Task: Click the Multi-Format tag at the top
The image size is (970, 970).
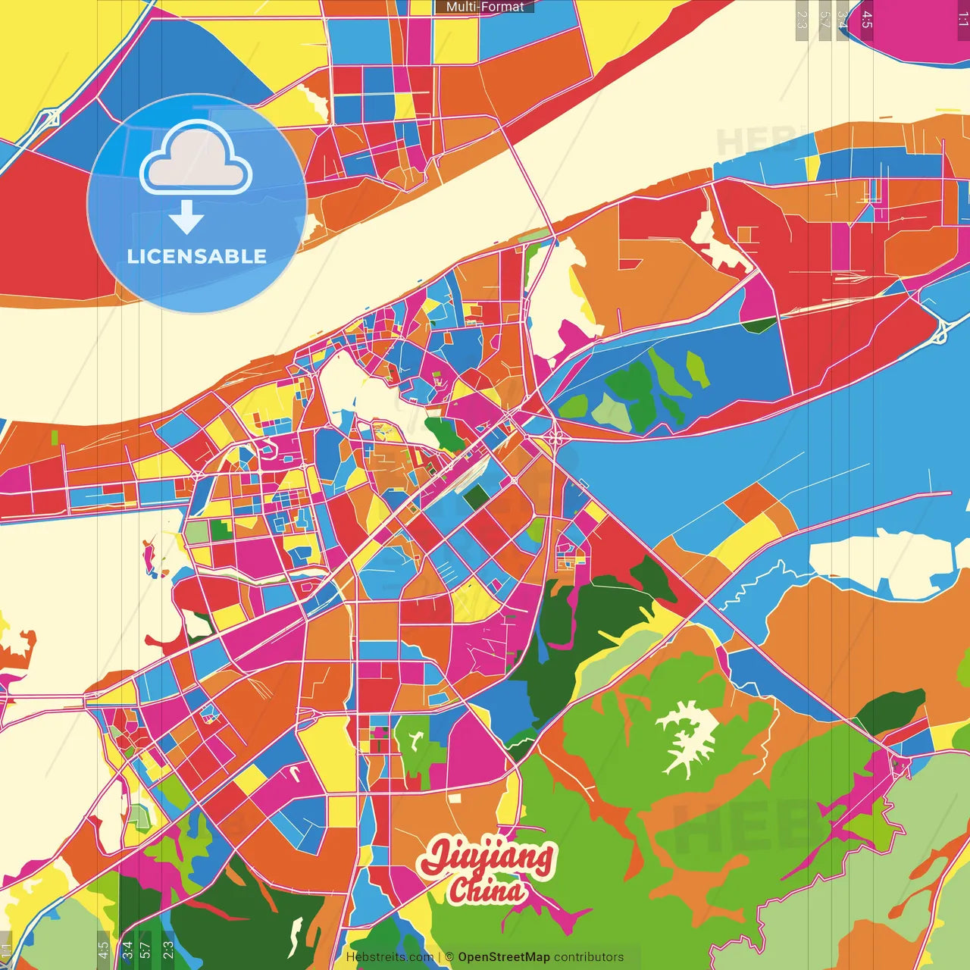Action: pos(485,7)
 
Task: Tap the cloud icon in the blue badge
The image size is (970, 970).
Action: pos(196,160)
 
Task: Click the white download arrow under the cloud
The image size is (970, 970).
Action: pos(186,218)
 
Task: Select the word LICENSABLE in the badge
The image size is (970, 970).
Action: pos(197,256)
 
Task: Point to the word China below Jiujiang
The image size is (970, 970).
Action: pos(487,890)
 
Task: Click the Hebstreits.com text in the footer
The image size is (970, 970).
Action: pos(390,957)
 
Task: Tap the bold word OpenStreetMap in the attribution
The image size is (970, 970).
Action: pos(504,957)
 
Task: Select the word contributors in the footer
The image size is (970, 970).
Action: pos(589,957)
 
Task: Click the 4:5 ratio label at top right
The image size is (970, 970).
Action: pos(867,20)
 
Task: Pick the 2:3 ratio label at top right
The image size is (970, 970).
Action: pos(802,20)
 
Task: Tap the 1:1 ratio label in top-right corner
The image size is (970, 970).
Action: pos(962,20)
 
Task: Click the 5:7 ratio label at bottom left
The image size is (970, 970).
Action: pos(145,948)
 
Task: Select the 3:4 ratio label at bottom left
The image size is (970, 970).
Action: pos(127,948)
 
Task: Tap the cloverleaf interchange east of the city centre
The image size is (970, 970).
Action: pos(555,436)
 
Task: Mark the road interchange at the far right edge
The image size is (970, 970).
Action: pos(943,330)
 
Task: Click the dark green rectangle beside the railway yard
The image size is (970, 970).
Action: pos(477,497)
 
